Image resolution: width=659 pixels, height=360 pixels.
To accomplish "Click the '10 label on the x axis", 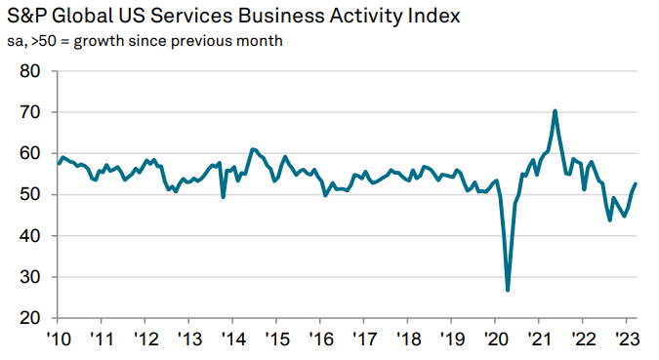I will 58,340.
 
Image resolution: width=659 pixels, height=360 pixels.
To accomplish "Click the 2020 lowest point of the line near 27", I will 508,290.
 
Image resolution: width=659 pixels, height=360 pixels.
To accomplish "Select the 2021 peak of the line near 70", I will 555,111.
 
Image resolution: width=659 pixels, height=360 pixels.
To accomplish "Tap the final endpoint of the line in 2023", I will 636,184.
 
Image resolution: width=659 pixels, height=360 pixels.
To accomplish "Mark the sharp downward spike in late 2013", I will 224,197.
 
